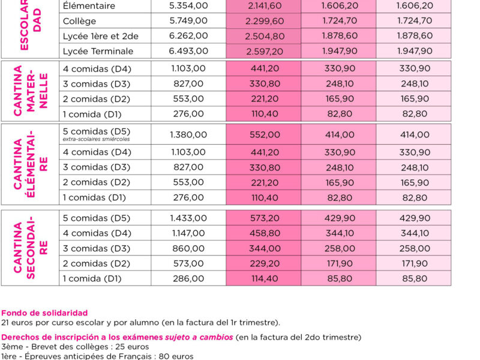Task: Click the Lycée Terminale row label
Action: (x=98, y=51)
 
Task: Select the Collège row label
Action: (x=79, y=21)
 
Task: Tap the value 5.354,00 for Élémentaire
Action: (x=188, y=5)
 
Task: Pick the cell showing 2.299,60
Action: (x=265, y=21)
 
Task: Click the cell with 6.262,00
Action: (x=188, y=36)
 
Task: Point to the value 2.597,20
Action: (x=265, y=51)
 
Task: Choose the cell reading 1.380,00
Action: (x=188, y=134)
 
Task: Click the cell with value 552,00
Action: (x=265, y=134)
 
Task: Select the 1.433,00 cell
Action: (x=188, y=218)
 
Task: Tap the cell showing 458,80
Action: (x=265, y=233)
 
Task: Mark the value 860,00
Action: (x=188, y=248)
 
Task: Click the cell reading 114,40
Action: (x=265, y=278)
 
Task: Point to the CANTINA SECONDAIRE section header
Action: (x=31, y=247)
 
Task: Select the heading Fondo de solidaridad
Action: (x=44, y=313)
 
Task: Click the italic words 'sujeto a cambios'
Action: (x=199, y=337)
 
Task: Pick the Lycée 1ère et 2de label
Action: (x=101, y=36)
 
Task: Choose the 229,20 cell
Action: (x=265, y=263)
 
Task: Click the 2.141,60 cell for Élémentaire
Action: (x=265, y=5)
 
